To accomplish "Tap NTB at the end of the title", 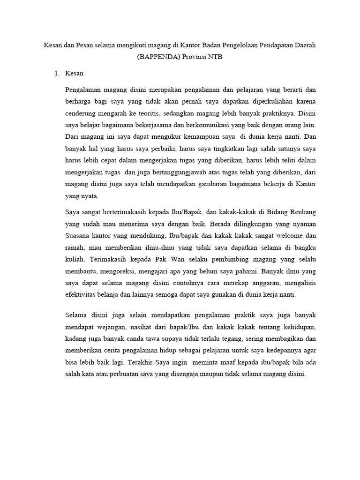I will (x=214, y=58).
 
